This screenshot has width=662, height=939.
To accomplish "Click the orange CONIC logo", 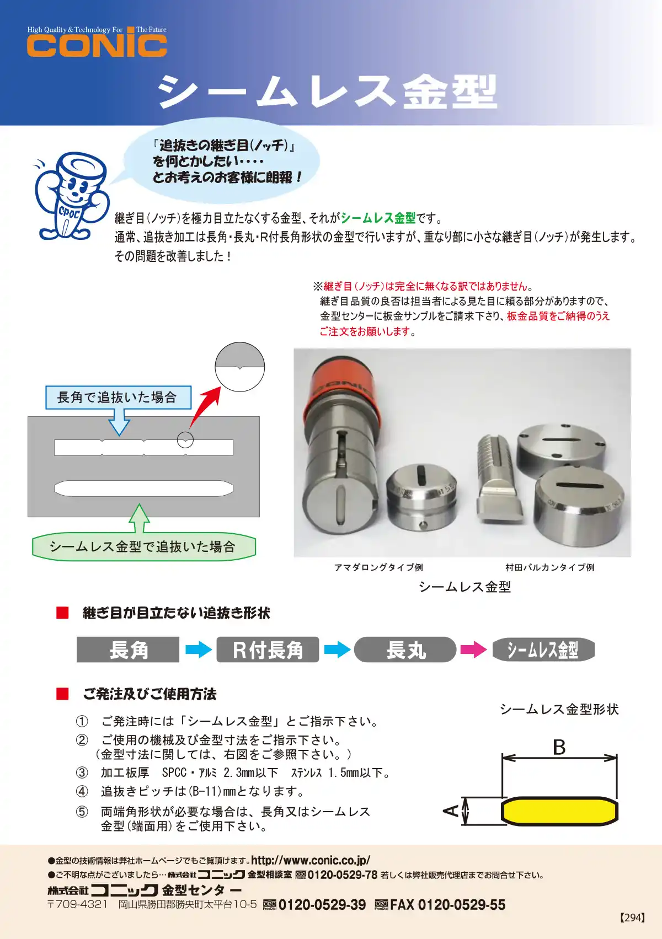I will pyautogui.click(x=97, y=45).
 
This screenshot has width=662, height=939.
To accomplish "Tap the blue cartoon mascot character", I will pyautogui.click(x=69, y=196).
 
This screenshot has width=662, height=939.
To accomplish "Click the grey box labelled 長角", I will pyautogui.click(x=128, y=650).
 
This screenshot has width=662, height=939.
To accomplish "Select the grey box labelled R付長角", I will pyautogui.click(x=268, y=650).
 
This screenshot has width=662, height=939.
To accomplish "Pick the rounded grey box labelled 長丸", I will pyautogui.click(x=405, y=650).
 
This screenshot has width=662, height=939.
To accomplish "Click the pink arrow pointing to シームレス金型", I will pyautogui.click(x=473, y=650).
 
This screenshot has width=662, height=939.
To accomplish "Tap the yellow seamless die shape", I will pyautogui.click(x=559, y=811).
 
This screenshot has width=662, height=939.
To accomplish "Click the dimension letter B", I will pyautogui.click(x=559, y=748).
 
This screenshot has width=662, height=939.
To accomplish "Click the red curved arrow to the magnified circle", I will pyautogui.click(x=204, y=407).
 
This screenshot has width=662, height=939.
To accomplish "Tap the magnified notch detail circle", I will pyautogui.click(x=239, y=367).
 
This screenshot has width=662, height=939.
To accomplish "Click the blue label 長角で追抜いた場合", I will pyautogui.click(x=118, y=398).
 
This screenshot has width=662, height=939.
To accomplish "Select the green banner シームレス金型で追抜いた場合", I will pyautogui.click(x=143, y=546).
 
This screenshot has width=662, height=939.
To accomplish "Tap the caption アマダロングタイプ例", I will pyautogui.click(x=378, y=567).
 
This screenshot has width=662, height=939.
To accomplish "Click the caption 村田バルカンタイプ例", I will pyautogui.click(x=549, y=567).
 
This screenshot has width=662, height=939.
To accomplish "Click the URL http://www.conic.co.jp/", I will pyautogui.click(x=311, y=860).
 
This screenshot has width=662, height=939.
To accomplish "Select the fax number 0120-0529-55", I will pyautogui.click(x=461, y=905).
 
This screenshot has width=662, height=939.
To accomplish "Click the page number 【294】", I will pyautogui.click(x=632, y=918).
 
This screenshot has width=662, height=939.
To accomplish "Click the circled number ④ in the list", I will pyautogui.click(x=82, y=791).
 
